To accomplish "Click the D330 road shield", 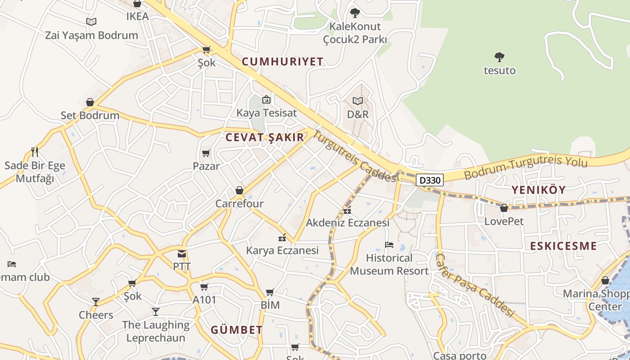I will point(429,180).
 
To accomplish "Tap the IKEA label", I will point(137,17).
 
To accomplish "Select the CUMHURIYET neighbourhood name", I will point(283,62).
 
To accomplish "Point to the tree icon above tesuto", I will point(499,57).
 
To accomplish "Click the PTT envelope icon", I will point(182,254).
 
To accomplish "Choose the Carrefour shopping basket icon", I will point(239,191).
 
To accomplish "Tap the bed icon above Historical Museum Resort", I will point(389,245).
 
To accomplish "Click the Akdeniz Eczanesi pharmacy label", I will point(347,223).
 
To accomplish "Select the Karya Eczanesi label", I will point(282,250).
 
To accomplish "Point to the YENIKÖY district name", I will point(538,190).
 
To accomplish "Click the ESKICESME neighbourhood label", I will point(563,246).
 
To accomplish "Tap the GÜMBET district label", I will point(237,330).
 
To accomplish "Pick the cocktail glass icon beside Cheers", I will point(96,301).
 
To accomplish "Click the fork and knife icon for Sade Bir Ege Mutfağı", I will point(35,152).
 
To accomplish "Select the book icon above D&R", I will point(358,101).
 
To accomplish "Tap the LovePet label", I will point(504,221).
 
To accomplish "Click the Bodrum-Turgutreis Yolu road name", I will point(526,166).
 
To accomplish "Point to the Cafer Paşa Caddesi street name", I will point(475,285).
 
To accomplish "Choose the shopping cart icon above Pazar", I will point(206,153).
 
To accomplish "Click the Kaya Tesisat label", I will point(267,113).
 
